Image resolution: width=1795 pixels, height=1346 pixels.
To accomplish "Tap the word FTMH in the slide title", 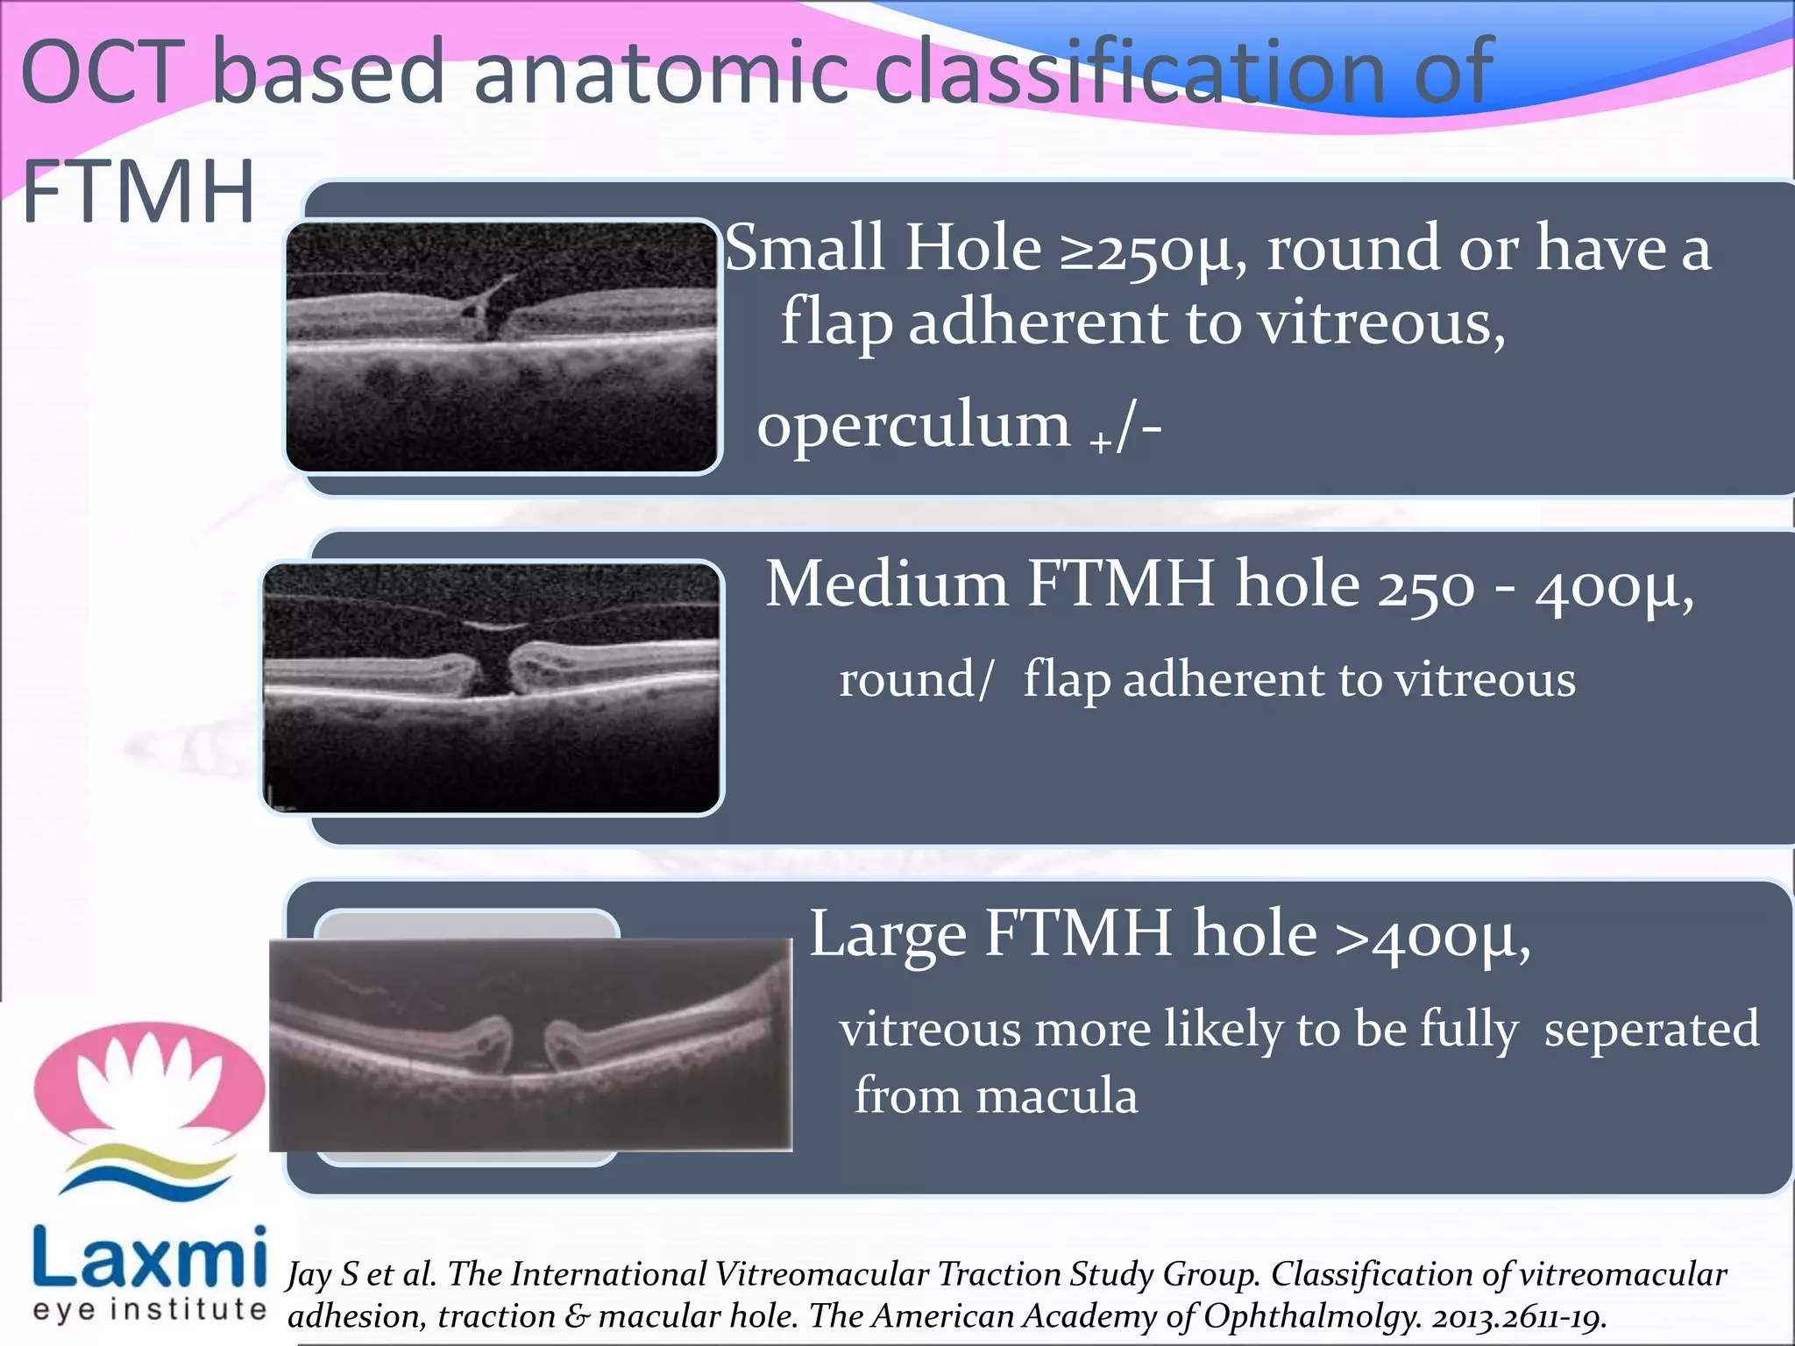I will click(x=138, y=193).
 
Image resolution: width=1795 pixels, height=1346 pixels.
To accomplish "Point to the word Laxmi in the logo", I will click(x=149, y=1257).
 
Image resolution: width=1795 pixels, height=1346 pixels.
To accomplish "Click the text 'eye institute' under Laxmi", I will click(x=149, y=1309).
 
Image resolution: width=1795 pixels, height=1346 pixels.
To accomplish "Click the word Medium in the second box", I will click(x=886, y=584).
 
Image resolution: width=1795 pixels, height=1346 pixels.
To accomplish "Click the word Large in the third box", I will click(x=887, y=935).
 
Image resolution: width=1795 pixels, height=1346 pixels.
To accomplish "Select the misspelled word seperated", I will click(x=1651, y=1030).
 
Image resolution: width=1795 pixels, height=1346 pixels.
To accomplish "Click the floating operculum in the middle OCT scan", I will click(x=496, y=626).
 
